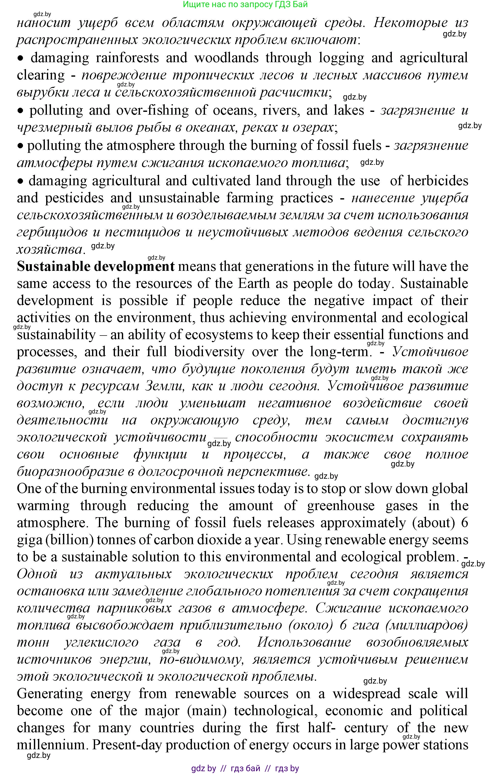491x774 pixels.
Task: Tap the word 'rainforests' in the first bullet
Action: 127,58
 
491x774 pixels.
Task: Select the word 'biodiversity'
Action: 209,352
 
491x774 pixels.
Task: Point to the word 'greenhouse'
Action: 341,506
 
